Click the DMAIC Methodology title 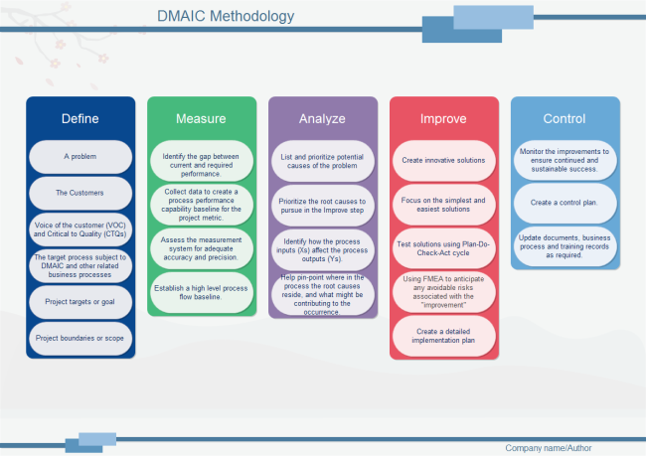tap(226, 16)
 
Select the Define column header tap(81, 119)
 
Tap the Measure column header tap(201, 119)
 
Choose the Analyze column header tap(322, 119)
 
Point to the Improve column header tap(443, 119)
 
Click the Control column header tap(564, 119)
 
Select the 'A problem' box tap(81, 157)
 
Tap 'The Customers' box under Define tap(81, 193)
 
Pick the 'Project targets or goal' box tap(81, 301)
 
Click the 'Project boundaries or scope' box tap(81, 338)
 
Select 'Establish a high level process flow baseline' tap(202, 291)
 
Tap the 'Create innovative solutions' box tap(443, 160)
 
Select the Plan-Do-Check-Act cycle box tap(443, 248)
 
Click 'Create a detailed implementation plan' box tap(443, 336)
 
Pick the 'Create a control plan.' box tap(565, 202)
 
